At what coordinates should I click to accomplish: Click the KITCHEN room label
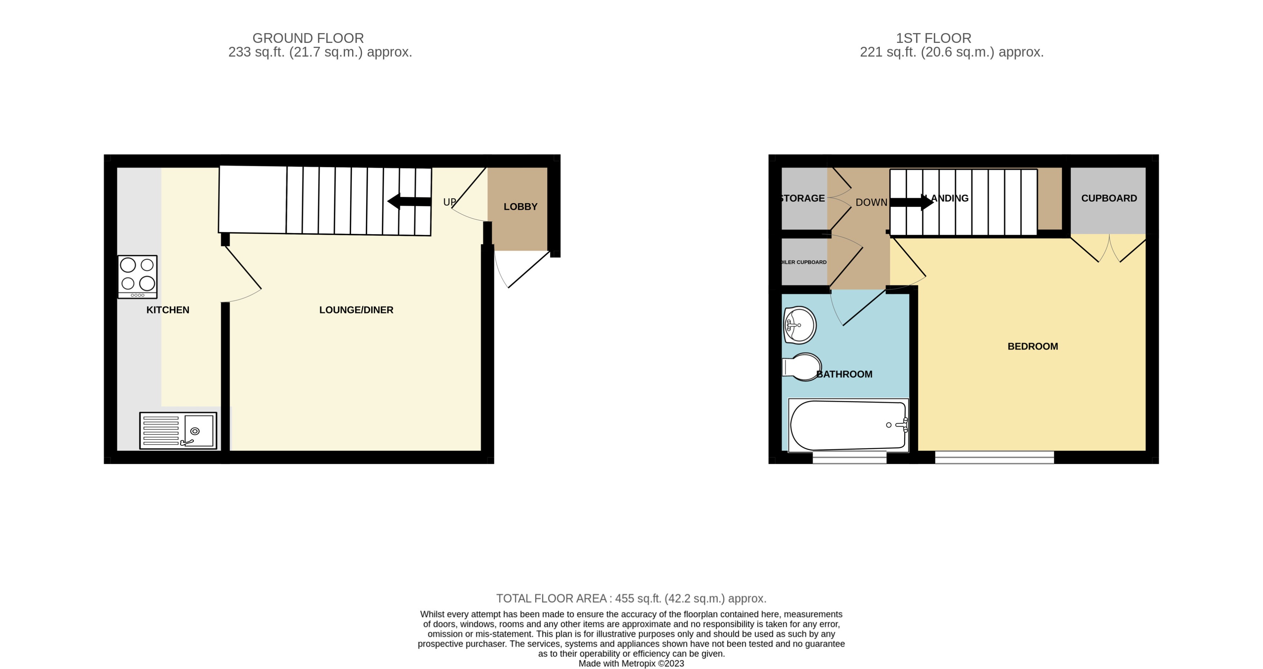[168, 310]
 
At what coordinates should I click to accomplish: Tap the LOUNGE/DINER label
[356, 310]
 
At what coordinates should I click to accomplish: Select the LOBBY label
[520, 207]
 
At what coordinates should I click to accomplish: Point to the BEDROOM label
[1032, 346]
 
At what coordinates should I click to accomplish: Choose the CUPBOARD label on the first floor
[1109, 198]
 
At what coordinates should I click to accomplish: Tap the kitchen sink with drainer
[178, 431]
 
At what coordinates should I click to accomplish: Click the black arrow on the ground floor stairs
[409, 201]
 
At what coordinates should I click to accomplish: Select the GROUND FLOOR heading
[308, 38]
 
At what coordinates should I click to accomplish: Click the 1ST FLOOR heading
[933, 38]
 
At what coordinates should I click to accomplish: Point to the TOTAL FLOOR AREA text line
[631, 598]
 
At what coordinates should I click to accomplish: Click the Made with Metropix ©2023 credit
[631, 664]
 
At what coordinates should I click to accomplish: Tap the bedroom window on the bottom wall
[994, 457]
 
